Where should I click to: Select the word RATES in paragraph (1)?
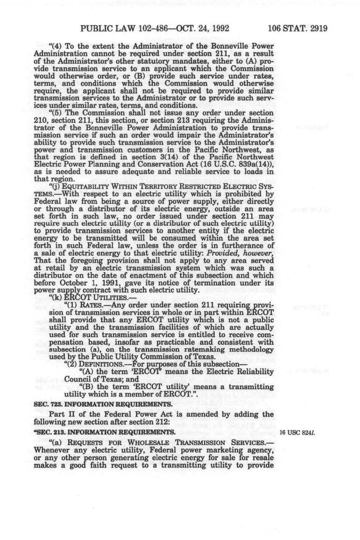[90, 305]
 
